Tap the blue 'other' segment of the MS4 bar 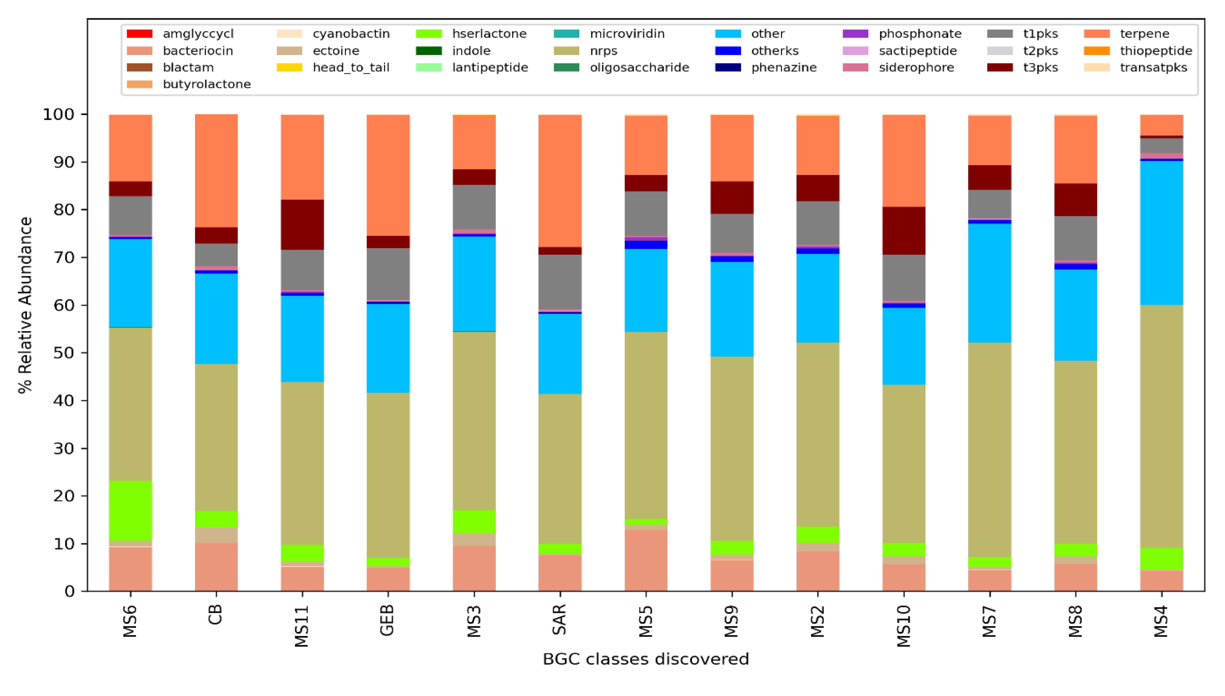[1161, 232]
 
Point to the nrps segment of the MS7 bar [989, 449]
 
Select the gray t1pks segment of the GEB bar [388, 274]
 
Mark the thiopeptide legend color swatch [1097, 51]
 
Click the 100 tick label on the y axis [59, 114]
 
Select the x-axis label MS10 [903, 626]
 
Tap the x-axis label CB [216, 615]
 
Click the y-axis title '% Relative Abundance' [25, 305]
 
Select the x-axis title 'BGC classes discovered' [645, 659]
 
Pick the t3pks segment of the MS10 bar [903, 230]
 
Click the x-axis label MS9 [731, 621]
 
